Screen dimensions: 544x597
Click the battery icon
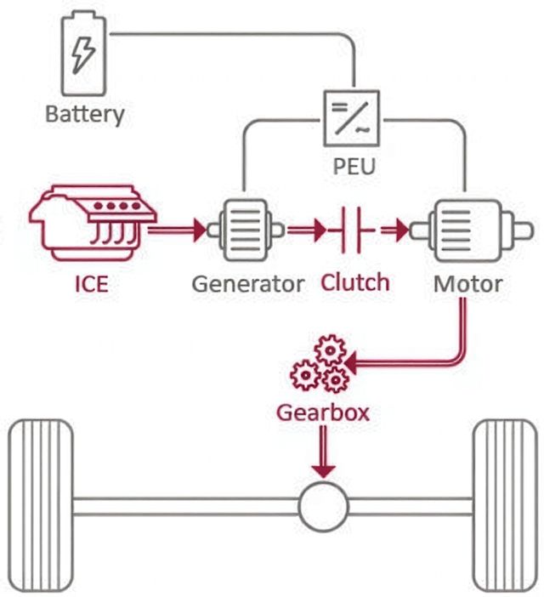point(83,54)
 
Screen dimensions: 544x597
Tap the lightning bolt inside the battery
point(83,54)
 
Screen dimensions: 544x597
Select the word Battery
point(84,114)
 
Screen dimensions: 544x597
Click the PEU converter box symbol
point(352,118)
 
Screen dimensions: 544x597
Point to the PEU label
point(354,166)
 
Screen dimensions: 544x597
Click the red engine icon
point(93,223)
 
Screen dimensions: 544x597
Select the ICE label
point(92,284)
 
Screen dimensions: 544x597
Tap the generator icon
point(246,230)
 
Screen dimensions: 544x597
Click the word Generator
point(248,284)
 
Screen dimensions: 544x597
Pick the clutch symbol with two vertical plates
point(350,230)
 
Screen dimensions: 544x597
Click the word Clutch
point(355,282)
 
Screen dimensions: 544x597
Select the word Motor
point(467,284)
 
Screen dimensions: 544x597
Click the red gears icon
point(320,364)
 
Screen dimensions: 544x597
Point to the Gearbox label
point(323,412)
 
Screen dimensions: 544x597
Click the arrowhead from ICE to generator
point(200,230)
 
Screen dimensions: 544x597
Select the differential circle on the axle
point(323,506)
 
